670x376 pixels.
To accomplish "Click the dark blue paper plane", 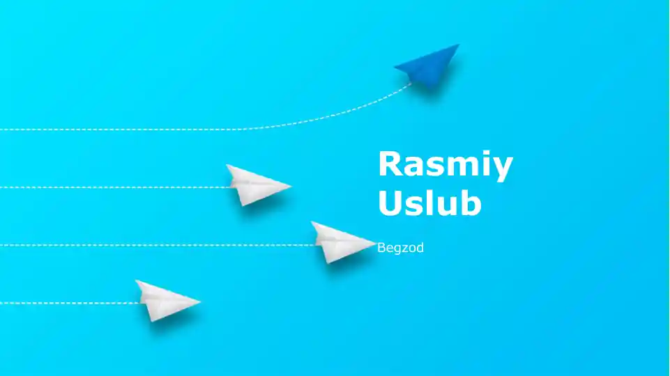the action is [x=427, y=66].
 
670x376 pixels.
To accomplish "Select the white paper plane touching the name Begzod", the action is [x=342, y=242].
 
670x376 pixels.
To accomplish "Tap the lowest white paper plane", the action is [x=167, y=301].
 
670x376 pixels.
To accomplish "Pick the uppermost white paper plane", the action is [x=257, y=185].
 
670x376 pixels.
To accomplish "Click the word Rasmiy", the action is [x=446, y=166].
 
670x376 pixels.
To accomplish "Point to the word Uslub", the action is [x=430, y=203].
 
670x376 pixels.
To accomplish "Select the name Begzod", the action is [x=400, y=248].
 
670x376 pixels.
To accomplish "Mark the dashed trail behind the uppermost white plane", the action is [x=114, y=187].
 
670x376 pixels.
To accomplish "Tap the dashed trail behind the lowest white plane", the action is [x=70, y=303].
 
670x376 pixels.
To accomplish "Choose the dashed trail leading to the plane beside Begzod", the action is [x=158, y=245].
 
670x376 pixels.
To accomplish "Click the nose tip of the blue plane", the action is [x=459, y=44].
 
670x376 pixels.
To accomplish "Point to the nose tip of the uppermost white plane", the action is [x=291, y=186].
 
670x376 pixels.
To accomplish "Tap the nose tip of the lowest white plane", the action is [x=200, y=301].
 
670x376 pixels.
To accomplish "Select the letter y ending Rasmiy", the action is [x=503, y=169].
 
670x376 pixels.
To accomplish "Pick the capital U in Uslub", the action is [x=390, y=203].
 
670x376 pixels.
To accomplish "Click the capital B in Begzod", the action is [x=381, y=248].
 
